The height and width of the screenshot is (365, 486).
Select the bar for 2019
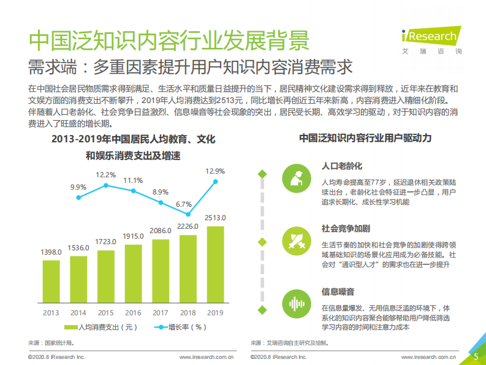point(216,264)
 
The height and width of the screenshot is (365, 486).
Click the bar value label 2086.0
point(161,230)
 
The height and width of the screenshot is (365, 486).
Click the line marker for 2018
point(188,214)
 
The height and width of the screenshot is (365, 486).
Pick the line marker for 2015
point(106,185)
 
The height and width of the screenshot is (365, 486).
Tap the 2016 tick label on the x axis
point(133,313)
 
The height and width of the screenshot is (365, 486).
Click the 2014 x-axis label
point(78,313)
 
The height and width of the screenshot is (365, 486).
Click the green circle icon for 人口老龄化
point(296,179)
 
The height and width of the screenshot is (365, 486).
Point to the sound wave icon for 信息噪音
point(296,304)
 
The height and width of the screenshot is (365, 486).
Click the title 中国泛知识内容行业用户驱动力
point(365,139)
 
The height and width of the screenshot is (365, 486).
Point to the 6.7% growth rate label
point(183,204)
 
